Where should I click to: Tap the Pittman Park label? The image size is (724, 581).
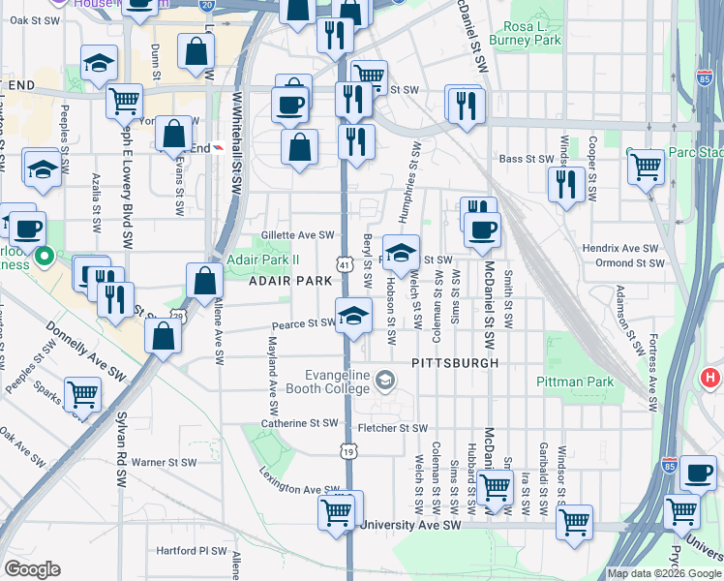click(x=576, y=382)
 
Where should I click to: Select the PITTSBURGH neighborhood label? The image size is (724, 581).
click(x=454, y=363)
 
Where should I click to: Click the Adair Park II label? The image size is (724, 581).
click(x=263, y=259)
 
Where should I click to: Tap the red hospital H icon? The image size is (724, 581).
click(x=710, y=378)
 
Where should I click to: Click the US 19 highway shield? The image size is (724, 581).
click(x=347, y=450)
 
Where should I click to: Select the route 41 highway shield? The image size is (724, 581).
click(x=345, y=263)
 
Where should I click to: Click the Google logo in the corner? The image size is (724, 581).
click(x=33, y=569)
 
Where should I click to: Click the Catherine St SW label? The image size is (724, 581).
click(x=299, y=423)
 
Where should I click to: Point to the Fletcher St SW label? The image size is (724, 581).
click(x=392, y=428)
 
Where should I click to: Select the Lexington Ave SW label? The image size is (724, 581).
click(x=296, y=481)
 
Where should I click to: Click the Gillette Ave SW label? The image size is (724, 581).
click(x=298, y=234)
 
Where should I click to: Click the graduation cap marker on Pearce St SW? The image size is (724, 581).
click(x=354, y=316)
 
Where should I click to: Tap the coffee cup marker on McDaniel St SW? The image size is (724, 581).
click(x=482, y=230)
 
